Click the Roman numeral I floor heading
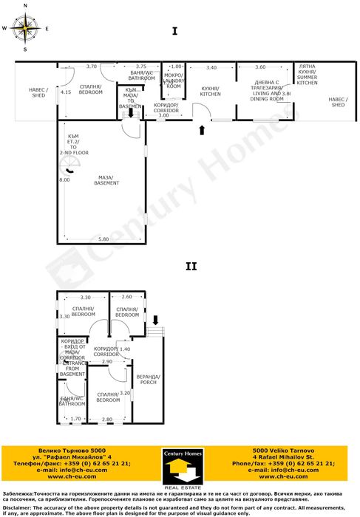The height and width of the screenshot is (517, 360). pos(174,31)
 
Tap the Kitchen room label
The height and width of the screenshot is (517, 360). pos(211,92)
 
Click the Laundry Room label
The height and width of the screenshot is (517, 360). pos(174,81)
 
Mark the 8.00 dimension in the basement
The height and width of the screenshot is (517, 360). pos(64,179)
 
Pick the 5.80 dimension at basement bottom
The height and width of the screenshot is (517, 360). pos(103,239)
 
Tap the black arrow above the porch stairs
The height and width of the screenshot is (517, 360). pos(156,320)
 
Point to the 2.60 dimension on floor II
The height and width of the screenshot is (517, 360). pos(126,297)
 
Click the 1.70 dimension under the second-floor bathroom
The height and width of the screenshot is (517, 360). pos(75,419)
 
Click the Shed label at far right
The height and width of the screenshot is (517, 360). pos(338,102)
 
